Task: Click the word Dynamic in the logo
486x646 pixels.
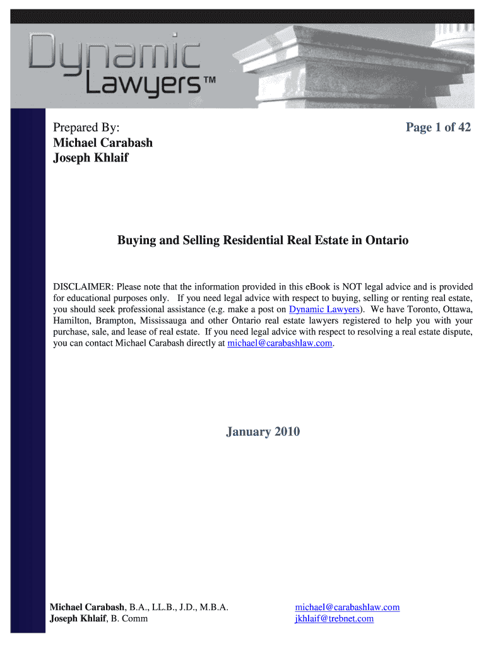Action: pos(114,52)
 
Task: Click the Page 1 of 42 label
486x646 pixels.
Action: pos(438,127)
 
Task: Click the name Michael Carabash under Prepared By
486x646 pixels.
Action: pos(103,143)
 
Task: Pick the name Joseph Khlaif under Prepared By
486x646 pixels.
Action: pos(90,158)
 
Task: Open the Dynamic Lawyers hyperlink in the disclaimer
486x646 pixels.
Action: pos(324,309)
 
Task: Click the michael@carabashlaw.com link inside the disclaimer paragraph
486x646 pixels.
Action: pos(280,343)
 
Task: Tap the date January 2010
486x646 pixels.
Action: pos(263,432)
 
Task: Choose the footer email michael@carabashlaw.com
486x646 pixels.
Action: pos(347,607)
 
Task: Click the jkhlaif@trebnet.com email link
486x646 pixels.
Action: pos(334,618)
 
